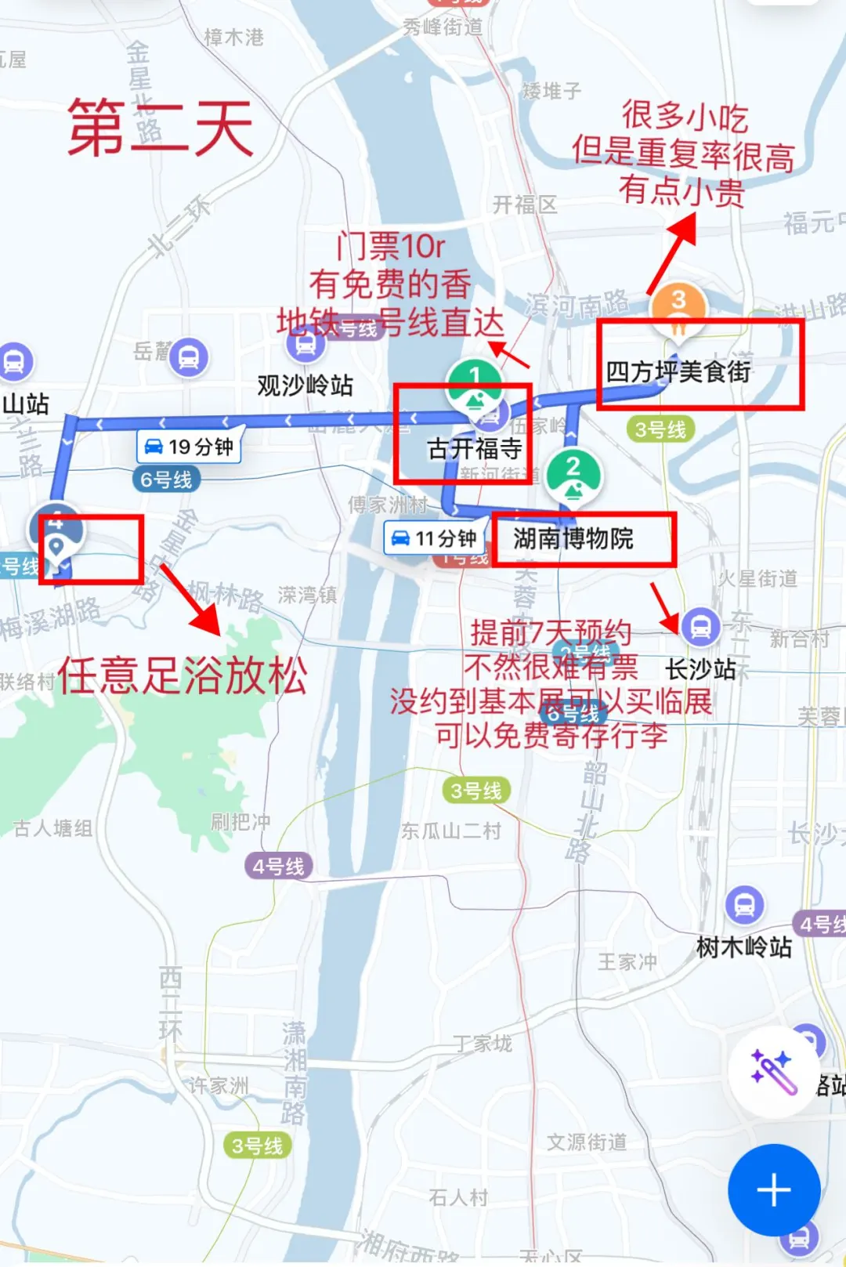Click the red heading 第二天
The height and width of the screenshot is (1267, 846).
(161, 128)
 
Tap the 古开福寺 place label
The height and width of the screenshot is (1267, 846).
(474, 448)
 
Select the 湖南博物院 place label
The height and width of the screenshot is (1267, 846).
(573, 538)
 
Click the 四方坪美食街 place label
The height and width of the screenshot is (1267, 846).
(678, 371)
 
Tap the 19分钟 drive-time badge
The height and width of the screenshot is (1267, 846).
(190, 447)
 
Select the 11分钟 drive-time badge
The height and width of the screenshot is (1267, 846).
(436, 538)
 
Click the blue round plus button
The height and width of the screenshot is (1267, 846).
(774, 1190)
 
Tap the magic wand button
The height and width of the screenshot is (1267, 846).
(774, 1071)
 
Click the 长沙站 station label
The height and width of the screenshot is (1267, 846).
(700, 669)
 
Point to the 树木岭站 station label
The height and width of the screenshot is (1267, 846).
(743, 947)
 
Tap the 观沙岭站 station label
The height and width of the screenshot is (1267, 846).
(305, 385)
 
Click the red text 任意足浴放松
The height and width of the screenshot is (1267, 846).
(182, 675)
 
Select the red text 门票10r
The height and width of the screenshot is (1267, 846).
(390, 247)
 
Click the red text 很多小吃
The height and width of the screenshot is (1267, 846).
(685, 117)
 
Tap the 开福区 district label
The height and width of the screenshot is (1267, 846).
(525, 205)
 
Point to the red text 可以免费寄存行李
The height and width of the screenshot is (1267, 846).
(551, 735)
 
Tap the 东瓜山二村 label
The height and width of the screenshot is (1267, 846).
(450, 831)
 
